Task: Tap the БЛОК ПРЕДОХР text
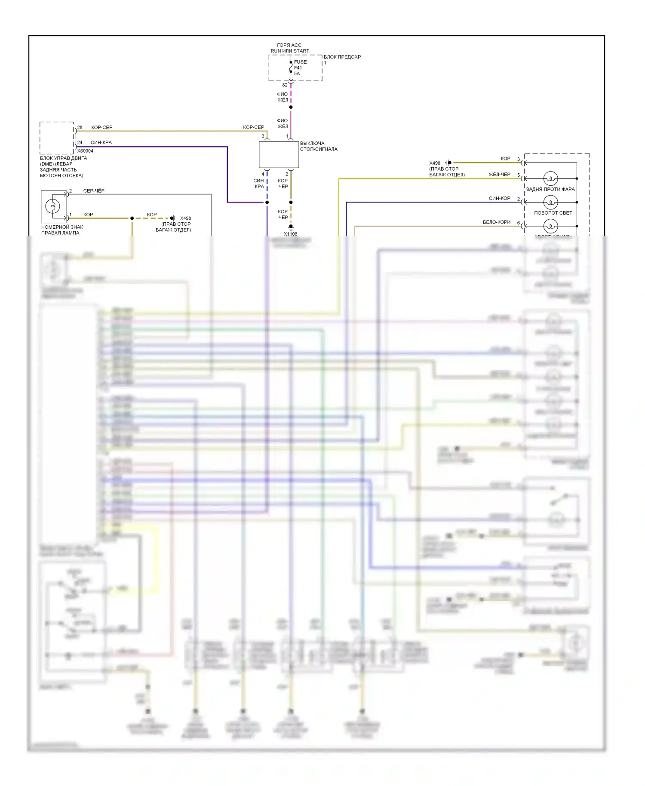point(342,57)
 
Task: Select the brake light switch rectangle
point(279,155)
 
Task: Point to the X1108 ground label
point(290,234)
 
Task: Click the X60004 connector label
point(85,151)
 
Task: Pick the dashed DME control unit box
point(57,138)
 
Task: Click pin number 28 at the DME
point(80,127)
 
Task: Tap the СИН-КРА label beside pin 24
point(101,142)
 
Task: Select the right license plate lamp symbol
point(53,206)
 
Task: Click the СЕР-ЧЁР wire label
point(94,190)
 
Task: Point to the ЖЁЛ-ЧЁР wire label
point(499,174)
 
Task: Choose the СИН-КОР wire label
point(499,198)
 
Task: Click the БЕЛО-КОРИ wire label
point(497,222)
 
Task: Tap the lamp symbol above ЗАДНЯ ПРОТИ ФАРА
point(550,178)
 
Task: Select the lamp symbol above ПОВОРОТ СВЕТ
point(550,202)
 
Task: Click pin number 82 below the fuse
point(285,85)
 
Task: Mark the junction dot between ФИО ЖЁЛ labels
point(291,107)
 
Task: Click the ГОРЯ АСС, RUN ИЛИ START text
point(290,48)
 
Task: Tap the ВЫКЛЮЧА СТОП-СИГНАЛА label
point(318,146)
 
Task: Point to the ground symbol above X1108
point(291,227)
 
